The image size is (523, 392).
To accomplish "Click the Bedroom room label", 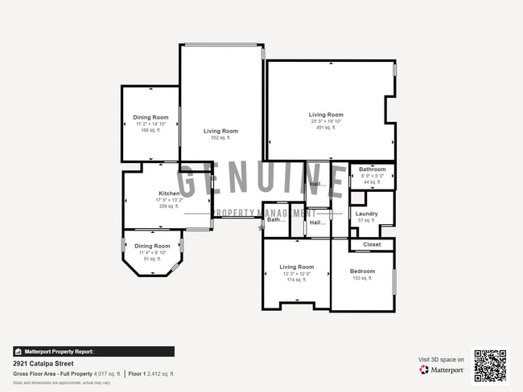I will (362, 272).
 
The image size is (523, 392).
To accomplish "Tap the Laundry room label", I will (366, 214).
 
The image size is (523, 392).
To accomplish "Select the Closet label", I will (372, 244).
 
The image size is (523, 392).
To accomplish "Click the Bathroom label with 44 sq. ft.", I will (372, 169).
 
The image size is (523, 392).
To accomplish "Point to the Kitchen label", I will (169, 194).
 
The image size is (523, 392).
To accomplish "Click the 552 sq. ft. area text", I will (220, 138).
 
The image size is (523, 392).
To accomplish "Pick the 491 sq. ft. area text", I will (326, 128).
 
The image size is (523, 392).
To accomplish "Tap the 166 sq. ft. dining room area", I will (150, 130).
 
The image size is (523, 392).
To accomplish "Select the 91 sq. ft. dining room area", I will (152, 259).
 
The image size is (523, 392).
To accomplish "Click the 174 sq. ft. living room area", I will (296, 280).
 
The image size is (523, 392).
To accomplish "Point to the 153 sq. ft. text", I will (362, 279).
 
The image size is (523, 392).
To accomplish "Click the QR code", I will (490, 365).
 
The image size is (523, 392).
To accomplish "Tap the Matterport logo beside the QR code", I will (441, 370).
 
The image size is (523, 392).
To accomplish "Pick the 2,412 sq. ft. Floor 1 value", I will (160, 374).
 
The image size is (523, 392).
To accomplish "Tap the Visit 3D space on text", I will (441, 359).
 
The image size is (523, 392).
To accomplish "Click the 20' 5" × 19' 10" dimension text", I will (326, 121).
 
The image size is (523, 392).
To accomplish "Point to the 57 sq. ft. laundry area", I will (366, 220).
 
